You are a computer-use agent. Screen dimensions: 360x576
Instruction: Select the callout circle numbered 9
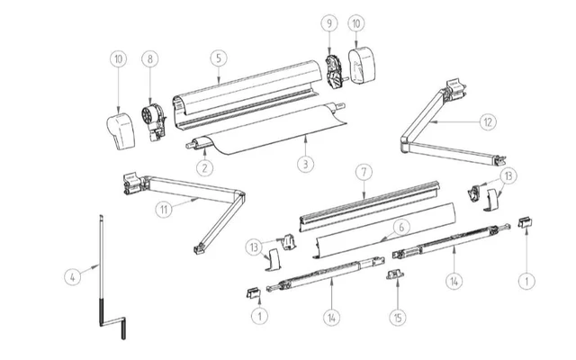pyautogui.click(x=328, y=21)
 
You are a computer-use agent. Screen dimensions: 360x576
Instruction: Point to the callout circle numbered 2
pyautogui.click(x=205, y=167)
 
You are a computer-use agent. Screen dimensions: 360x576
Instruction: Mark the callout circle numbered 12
pyautogui.click(x=487, y=121)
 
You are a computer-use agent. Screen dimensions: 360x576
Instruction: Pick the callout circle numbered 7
pyautogui.click(x=363, y=169)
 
